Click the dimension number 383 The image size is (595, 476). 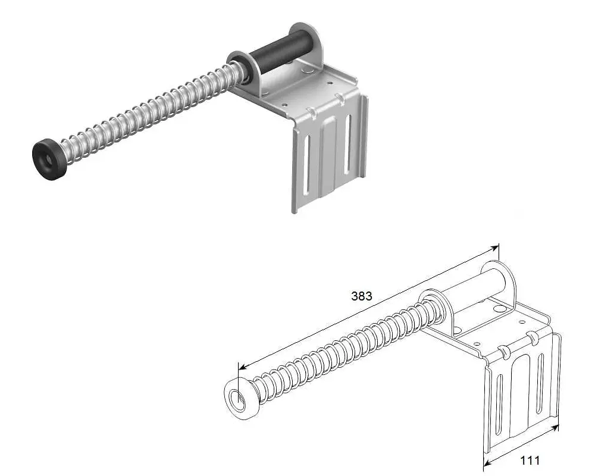tap(362, 296)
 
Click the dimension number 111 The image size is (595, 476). tap(530, 460)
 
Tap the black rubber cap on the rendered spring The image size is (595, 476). tap(49, 159)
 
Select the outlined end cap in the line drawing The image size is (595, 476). tap(241, 399)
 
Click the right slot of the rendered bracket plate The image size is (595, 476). tap(347, 144)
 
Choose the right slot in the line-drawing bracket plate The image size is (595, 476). tap(540, 384)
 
